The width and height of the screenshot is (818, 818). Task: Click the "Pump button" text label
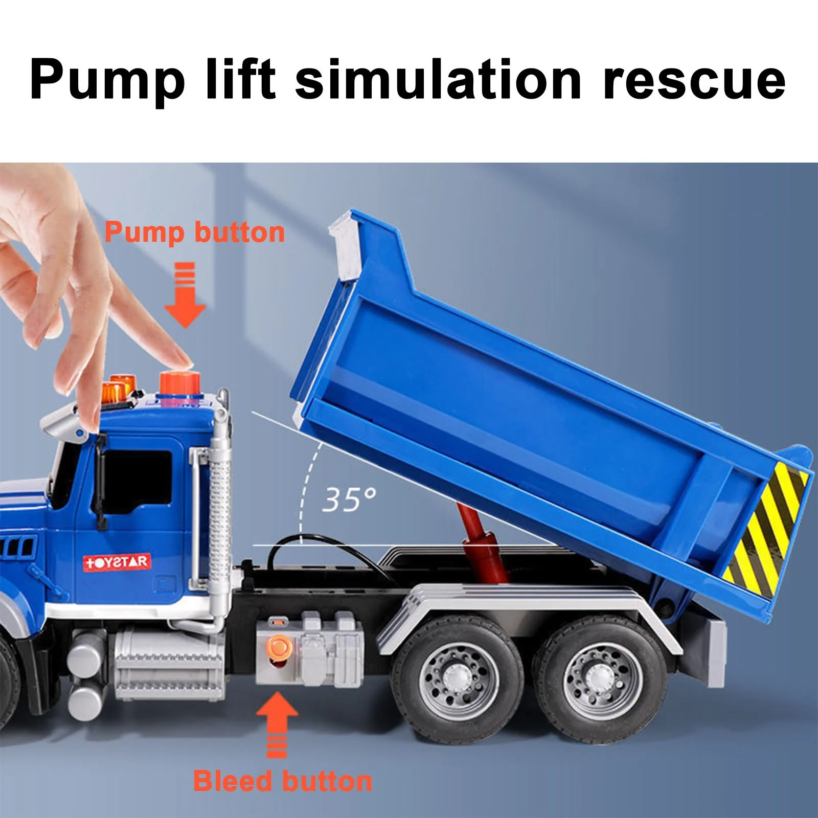pyautogui.click(x=195, y=233)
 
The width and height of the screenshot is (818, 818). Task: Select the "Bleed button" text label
pyautogui.click(x=283, y=781)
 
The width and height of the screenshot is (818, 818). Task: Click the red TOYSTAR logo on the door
pyautogui.click(x=117, y=562)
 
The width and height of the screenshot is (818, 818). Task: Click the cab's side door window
pyautogui.click(x=138, y=481)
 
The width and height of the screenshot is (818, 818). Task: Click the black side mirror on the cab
pyautogui.click(x=101, y=481)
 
